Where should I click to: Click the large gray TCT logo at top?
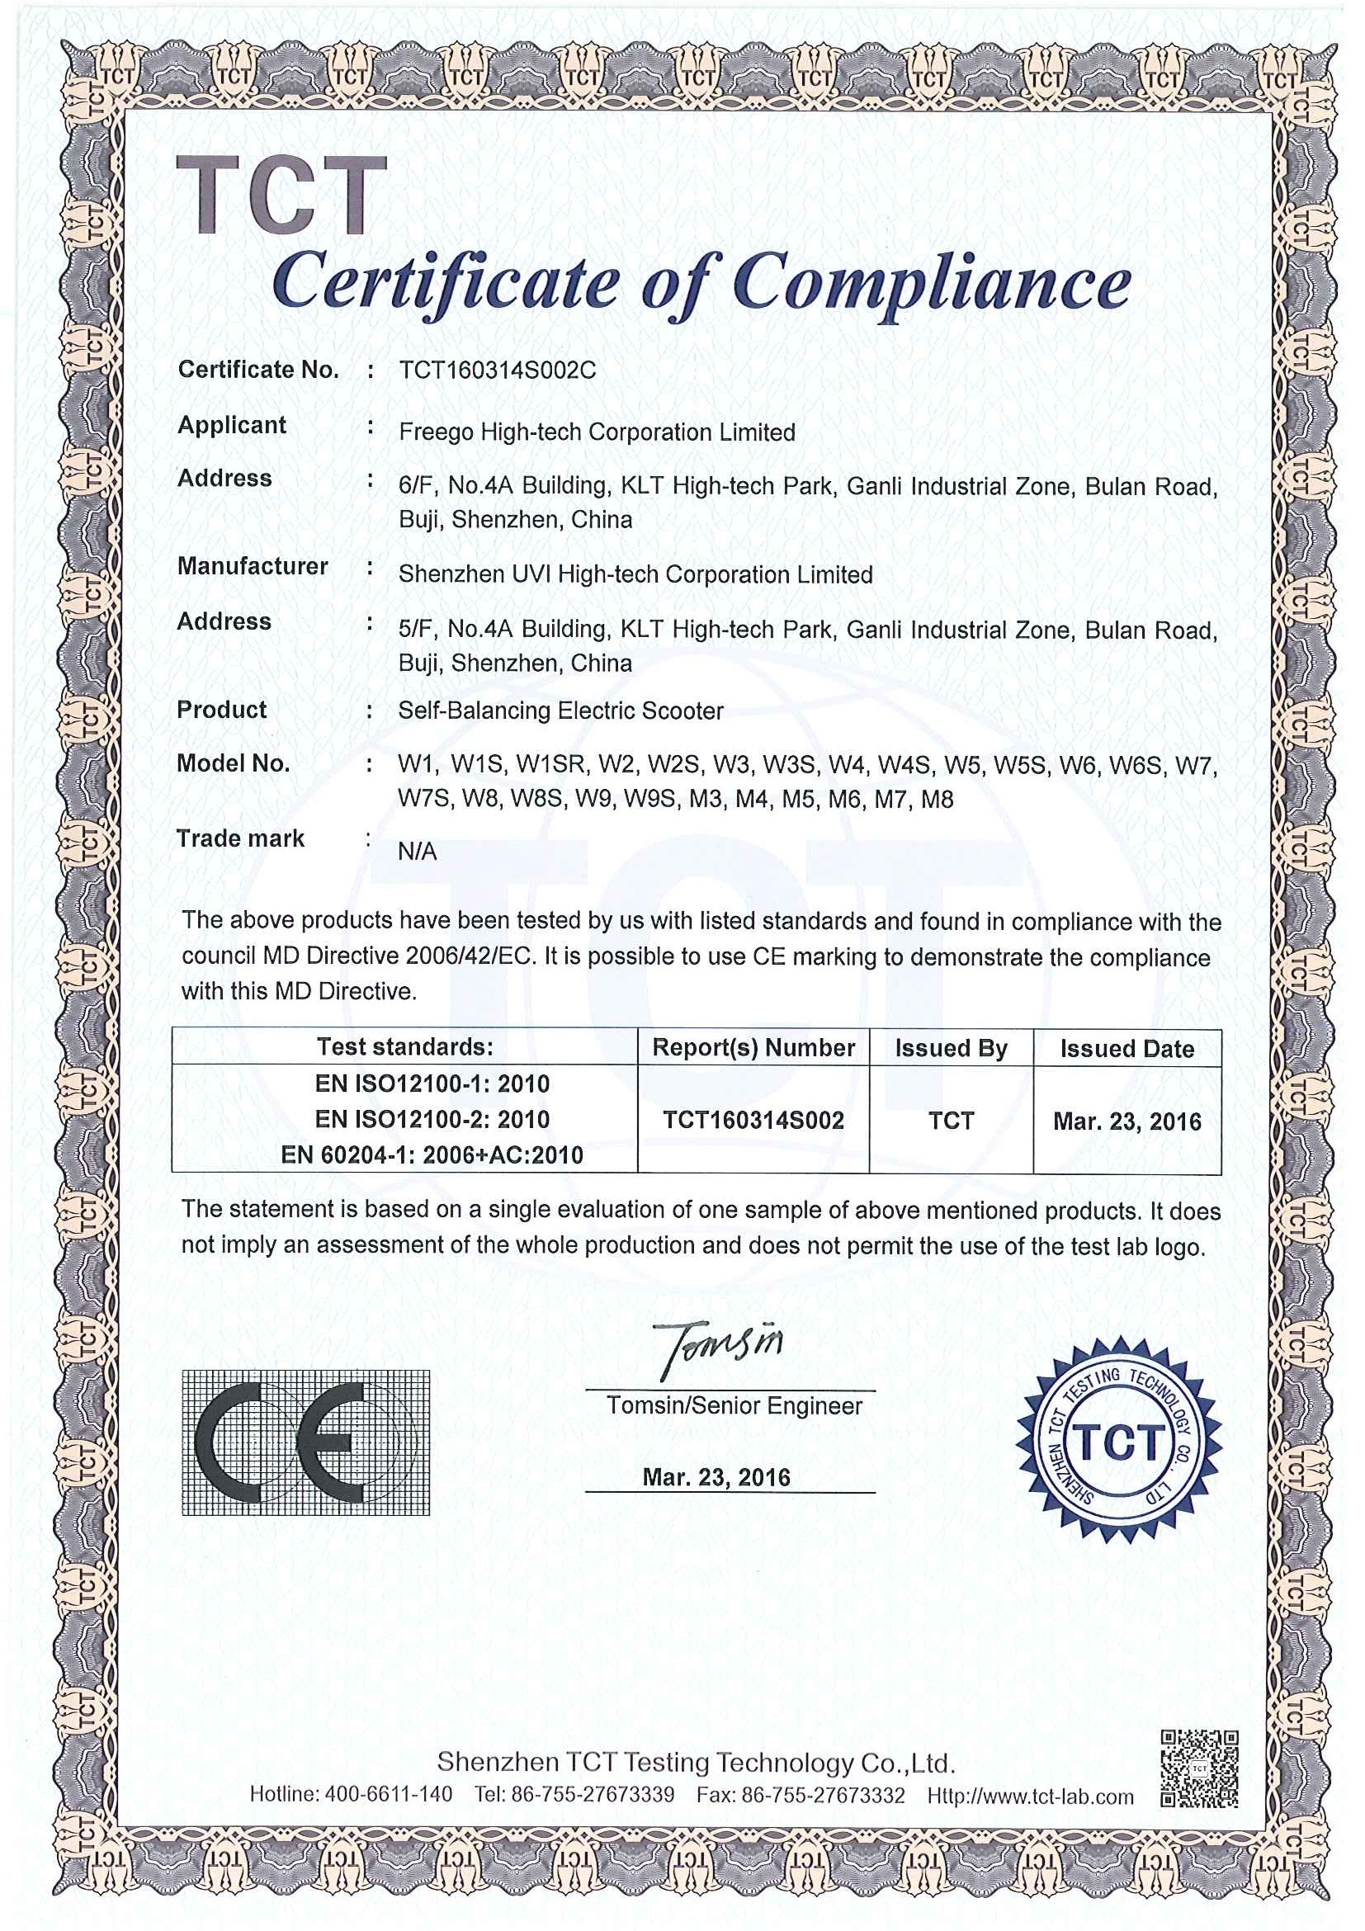[281, 195]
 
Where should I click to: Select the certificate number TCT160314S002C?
[497, 370]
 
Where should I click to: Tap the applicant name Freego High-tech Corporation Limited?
[597, 432]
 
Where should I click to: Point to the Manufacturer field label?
[253, 567]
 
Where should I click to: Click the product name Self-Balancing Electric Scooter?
[560, 711]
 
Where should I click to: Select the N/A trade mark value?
[417, 852]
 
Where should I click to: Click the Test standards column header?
[404, 1047]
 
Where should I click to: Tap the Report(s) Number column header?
[753, 1048]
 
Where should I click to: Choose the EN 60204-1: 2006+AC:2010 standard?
[432, 1154]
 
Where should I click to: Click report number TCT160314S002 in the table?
[753, 1121]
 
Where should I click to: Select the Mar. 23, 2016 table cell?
[1126, 1121]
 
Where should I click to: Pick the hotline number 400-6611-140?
[389, 1795]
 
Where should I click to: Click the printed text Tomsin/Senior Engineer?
[734, 1406]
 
